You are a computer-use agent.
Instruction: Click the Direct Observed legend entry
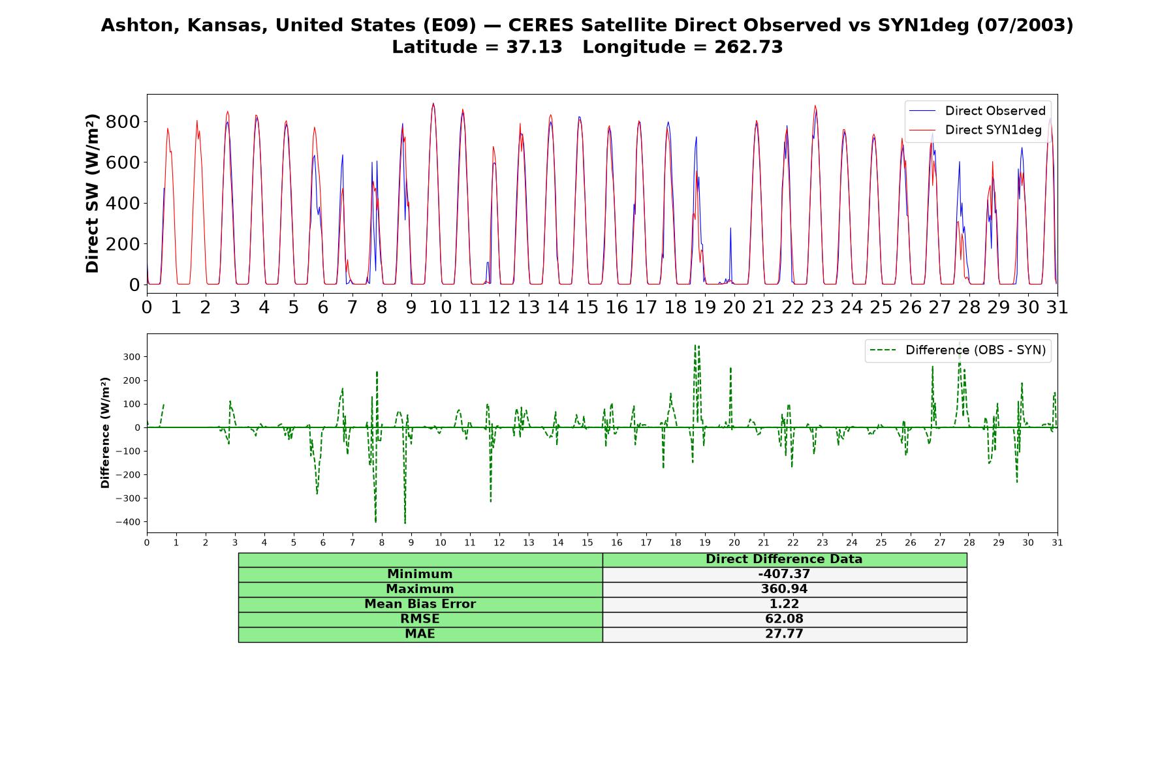[x=976, y=111]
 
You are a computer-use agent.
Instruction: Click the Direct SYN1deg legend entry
[x=976, y=130]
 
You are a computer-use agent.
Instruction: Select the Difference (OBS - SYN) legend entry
[x=958, y=350]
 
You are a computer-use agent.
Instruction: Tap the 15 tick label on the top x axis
[x=587, y=307]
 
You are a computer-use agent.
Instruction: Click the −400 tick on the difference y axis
[x=129, y=522]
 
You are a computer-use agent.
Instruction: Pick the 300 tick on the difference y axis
[x=133, y=357]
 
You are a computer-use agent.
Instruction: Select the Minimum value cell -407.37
[x=784, y=574]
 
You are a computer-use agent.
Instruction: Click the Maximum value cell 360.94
[x=784, y=589]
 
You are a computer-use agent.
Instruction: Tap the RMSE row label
[x=420, y=619]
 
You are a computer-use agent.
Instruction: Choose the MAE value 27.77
[x=784, y=634]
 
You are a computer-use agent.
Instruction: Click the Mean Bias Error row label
[x=420, y=604]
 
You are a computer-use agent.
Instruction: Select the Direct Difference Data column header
[x=784, y=559]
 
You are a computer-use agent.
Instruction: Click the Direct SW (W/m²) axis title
[x=92, y=193]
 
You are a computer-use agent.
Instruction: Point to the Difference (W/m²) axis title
[x=105, y=433]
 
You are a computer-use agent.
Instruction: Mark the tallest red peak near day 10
[x=433, y=103]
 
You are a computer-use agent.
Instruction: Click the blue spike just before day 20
[x=730, y=228]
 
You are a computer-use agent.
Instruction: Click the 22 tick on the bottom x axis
[x=792, y=543]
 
